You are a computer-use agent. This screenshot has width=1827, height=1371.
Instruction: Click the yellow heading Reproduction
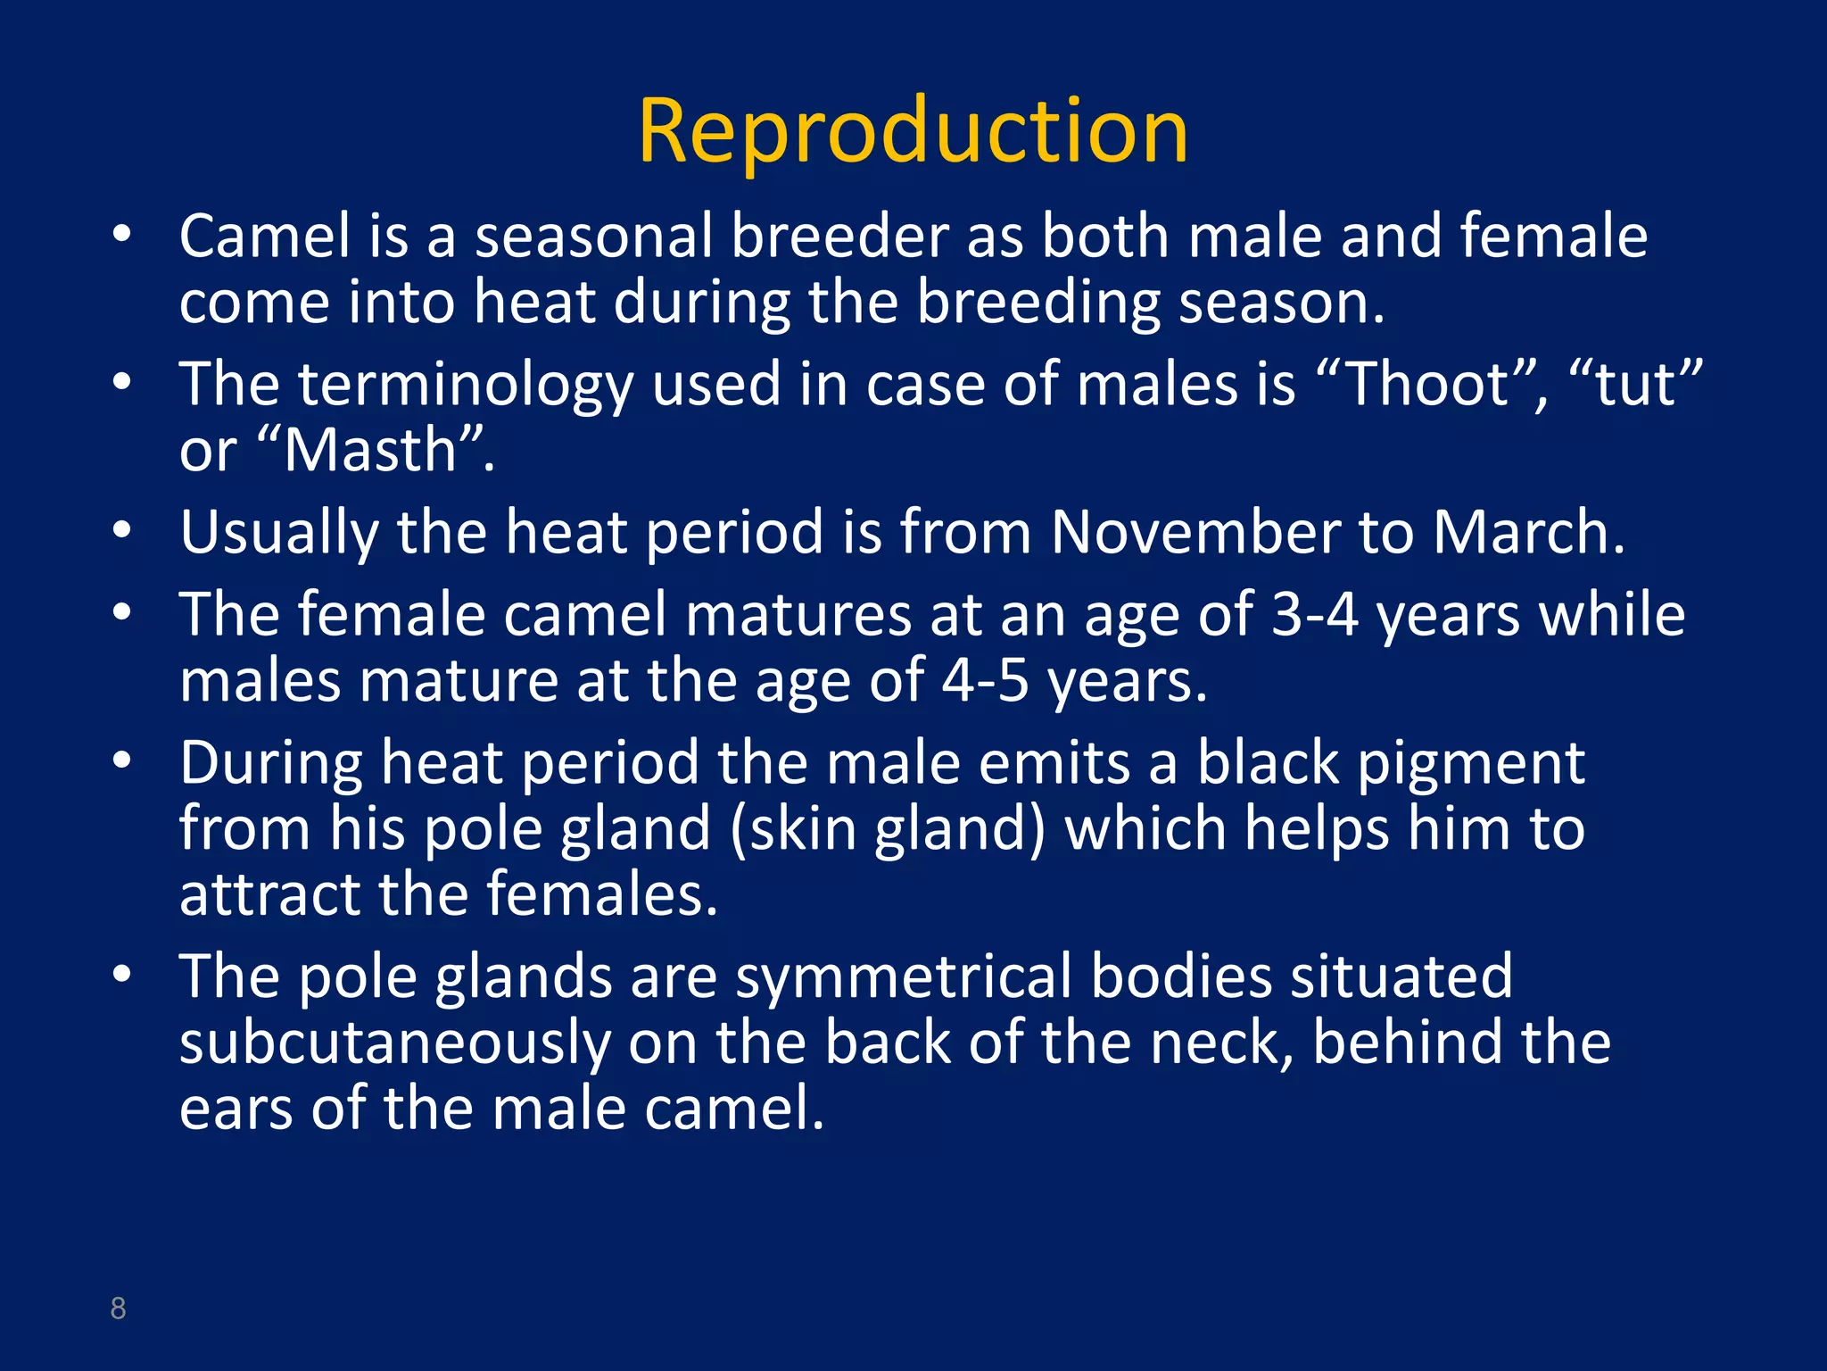[x=913, y=132]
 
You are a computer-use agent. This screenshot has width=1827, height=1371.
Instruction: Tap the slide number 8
[x=118, y=1309]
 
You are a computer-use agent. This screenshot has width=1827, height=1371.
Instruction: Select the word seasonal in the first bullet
[x=593, y=237]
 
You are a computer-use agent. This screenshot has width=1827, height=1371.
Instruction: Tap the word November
[x=1195, y=533]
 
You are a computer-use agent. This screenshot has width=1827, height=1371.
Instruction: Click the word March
[x=1520, y=533]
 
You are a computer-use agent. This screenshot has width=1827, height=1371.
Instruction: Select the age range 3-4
[x=1314, y=615]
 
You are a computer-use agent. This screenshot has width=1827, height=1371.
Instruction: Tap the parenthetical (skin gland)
[x=887, y=829]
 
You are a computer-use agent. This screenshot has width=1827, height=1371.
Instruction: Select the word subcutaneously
[x=394, y=1043]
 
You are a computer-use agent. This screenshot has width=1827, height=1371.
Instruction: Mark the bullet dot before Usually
[x=122, y=530]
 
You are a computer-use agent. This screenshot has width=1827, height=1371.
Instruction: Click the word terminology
[x=465, y=386]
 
